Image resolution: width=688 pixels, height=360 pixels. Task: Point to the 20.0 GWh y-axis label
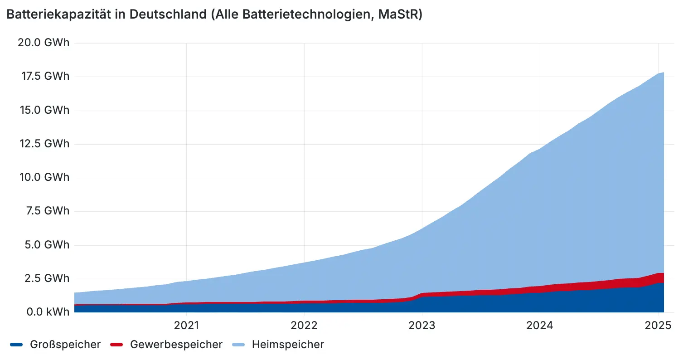coord(44,43)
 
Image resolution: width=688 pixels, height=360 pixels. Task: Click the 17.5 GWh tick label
coord(45,76)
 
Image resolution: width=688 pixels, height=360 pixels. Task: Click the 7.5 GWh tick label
coord(48,211)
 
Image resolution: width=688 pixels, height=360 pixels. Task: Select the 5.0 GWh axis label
coord(47,245)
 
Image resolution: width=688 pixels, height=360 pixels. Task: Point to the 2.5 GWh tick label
coord(48,278)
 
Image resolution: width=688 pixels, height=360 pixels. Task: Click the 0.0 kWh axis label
coord(48,312)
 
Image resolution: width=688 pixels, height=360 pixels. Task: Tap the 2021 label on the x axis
coord(187,326)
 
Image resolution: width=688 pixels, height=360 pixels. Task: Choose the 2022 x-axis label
coord(304,326)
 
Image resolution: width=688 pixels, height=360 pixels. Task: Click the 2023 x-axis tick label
coord(422,326)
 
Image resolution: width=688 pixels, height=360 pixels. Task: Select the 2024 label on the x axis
coord(539,326)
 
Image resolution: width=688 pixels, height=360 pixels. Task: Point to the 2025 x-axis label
coord(657,326)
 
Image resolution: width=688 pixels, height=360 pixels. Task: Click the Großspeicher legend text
coord(65,345)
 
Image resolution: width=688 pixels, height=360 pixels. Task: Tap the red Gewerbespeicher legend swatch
coord(116,345)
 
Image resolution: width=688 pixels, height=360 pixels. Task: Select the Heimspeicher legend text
coord(288,345)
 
